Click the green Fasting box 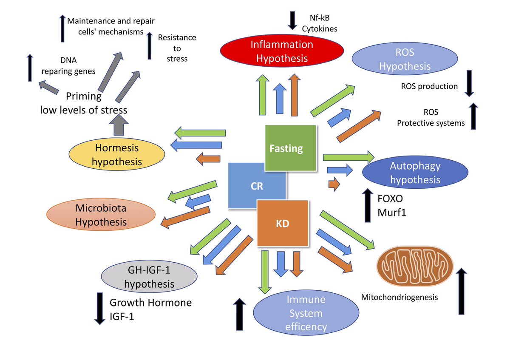(x=291, y=148)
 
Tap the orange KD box (x=283, y=223)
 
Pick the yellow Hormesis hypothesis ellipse (x=117, y=155)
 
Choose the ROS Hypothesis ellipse (x=405, y=60)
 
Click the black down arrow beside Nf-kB (x=293, y=20)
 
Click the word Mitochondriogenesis (x=399, y=297)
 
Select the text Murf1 (x=391, y=213)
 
